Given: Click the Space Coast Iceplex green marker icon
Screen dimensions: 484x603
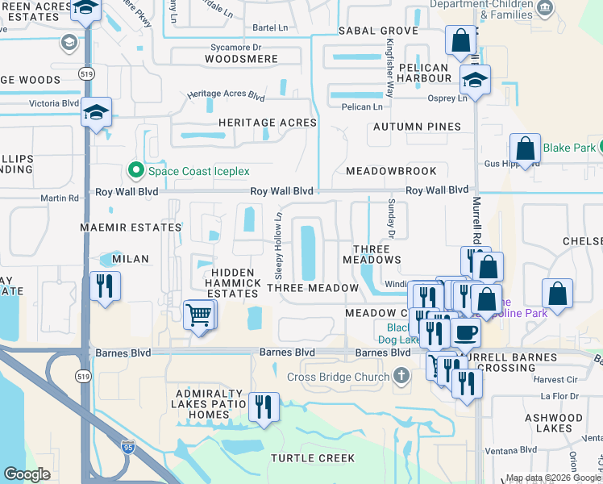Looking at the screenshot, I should [x=135, y=171].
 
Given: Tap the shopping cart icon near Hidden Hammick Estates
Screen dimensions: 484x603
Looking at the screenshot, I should [x=198, y=315].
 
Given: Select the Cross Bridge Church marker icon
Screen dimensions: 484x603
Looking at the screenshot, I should [x=401, y=377].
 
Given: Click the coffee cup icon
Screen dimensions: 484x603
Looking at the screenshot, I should [x=466, y=332].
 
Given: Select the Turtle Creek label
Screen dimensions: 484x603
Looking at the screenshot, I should [x=312, y=458].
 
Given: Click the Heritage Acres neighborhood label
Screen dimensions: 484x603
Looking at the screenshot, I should [x=268, y=123].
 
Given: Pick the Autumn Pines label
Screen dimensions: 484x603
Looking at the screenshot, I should [x=417, y=127].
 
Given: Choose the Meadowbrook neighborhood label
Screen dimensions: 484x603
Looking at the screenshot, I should [x=391, y=171].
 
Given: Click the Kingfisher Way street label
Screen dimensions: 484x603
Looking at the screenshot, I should [x=389, y=69].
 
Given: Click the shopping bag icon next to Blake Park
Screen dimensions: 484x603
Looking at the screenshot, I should [x=525, y=149].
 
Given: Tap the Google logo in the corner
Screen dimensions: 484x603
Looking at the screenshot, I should [x=27, y=474].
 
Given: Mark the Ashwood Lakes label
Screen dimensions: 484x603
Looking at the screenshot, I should [x=553, y=423].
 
